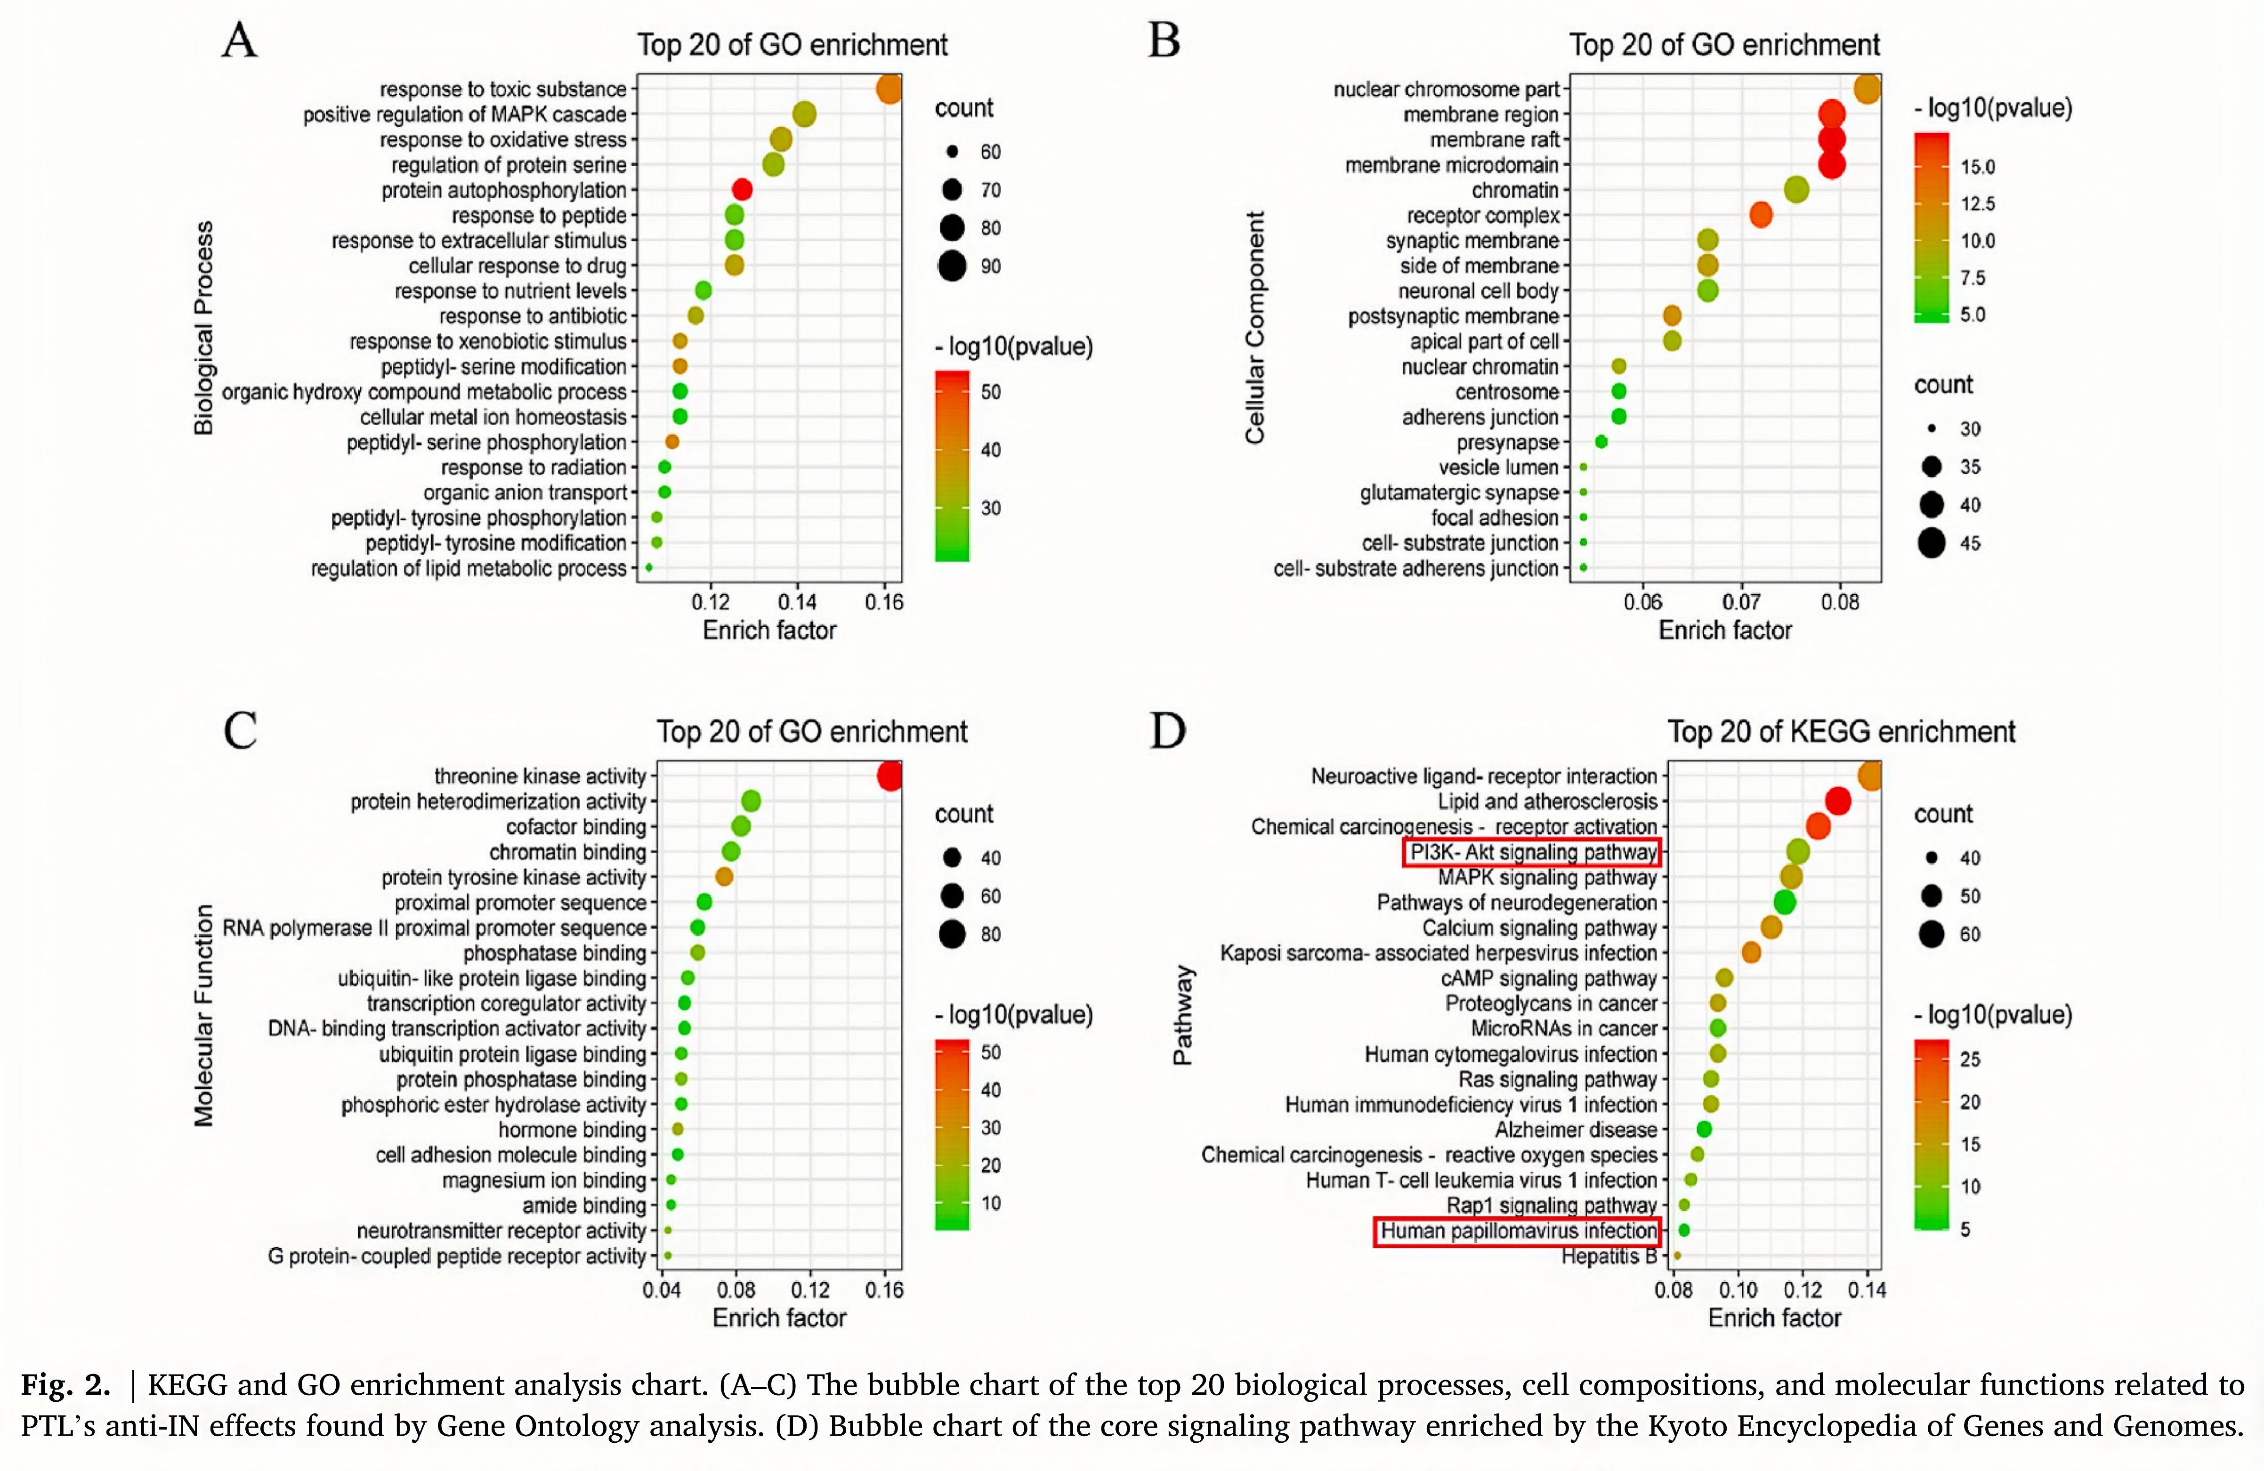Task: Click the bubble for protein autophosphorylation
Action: [742, 189]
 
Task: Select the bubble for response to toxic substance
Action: [889, 89]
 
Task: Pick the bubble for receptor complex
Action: [1761, 215]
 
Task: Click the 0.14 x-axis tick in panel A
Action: [797, 602]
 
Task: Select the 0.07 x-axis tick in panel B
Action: [1741, 602]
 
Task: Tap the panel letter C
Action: [240, 731]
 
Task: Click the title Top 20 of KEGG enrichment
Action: [1841, 732]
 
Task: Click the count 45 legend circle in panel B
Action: [1931, 543]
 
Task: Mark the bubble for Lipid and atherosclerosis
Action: [1838, 801]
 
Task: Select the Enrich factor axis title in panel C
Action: [779, 1318]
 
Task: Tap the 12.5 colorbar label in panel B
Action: [1978, 203]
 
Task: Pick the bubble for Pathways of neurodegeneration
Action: [1785, 902]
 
